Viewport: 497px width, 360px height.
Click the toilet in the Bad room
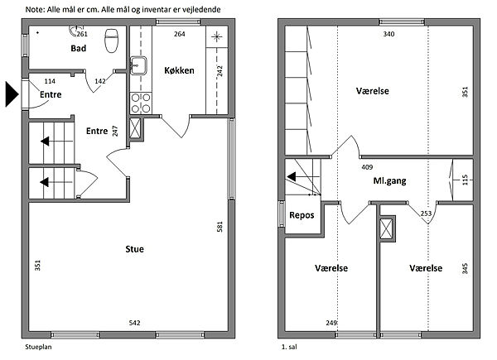(x=111, y=41)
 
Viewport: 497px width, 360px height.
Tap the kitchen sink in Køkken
(x=138, y=65)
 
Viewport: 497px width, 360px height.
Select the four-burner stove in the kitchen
(x=141, y=103)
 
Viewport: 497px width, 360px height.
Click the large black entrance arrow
(x=12, y=94)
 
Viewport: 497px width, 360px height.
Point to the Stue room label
(x=135, y=249)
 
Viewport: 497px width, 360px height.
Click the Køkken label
(x=179, y=70)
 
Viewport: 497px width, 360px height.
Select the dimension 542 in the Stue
(x=134, y=323)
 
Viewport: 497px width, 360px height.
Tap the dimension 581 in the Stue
(x=220, y=227)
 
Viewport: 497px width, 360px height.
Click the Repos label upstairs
(x=302, y=215)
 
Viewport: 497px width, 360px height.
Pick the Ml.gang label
(x=389, y=180)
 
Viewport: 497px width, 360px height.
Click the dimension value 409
(x=367, y=167)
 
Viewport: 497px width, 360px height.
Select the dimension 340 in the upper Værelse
(x=388, y=34)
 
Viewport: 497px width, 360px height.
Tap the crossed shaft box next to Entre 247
(x=135, y=128)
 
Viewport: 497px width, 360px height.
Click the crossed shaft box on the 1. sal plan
(x=386, y=228)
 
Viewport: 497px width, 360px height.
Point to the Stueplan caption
(x=38, y=347)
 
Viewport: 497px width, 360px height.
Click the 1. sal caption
(x=289, y=347)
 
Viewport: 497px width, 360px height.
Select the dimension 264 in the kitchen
(x=180, y=34)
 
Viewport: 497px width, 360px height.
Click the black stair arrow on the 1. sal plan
(x=292, y=176)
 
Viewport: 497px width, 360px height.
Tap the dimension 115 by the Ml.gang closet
(x=465, y=180)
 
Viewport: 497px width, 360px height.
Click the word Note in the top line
(x=35, y=9)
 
